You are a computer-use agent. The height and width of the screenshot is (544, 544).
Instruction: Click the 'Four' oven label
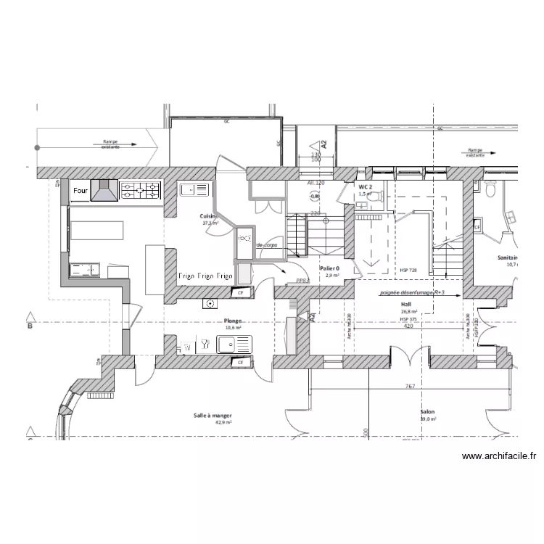80,191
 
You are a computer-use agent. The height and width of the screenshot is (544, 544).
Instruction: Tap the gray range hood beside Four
104,191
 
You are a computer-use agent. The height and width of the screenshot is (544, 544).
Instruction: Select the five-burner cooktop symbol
139,191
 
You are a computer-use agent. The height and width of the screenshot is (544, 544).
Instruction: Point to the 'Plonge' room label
232,320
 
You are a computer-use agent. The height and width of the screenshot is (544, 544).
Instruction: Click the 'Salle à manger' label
213,416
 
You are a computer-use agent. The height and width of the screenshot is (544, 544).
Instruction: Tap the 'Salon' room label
426,412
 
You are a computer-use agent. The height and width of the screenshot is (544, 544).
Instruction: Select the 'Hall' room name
405,305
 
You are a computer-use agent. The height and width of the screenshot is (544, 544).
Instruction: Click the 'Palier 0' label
329,268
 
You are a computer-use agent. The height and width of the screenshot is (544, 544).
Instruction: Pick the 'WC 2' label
365,187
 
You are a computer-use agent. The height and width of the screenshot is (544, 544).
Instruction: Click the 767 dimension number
410,387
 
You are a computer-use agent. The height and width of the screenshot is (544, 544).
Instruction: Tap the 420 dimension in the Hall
408,326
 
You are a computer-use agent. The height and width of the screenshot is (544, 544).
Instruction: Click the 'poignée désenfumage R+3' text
411,294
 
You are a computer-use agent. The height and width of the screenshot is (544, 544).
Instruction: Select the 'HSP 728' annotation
408,271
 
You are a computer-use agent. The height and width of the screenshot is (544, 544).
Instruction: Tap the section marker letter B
30,326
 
